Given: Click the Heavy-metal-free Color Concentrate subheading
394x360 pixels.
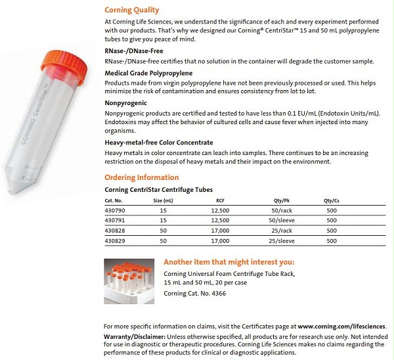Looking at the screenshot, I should coord(158,142).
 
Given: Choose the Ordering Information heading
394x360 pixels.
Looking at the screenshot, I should coord(141,177).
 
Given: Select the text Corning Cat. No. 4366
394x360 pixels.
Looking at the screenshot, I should coord(196,293).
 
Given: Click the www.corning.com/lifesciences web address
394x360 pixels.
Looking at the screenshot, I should coord(341,326).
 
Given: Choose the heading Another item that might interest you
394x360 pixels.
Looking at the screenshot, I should coord(229,261).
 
